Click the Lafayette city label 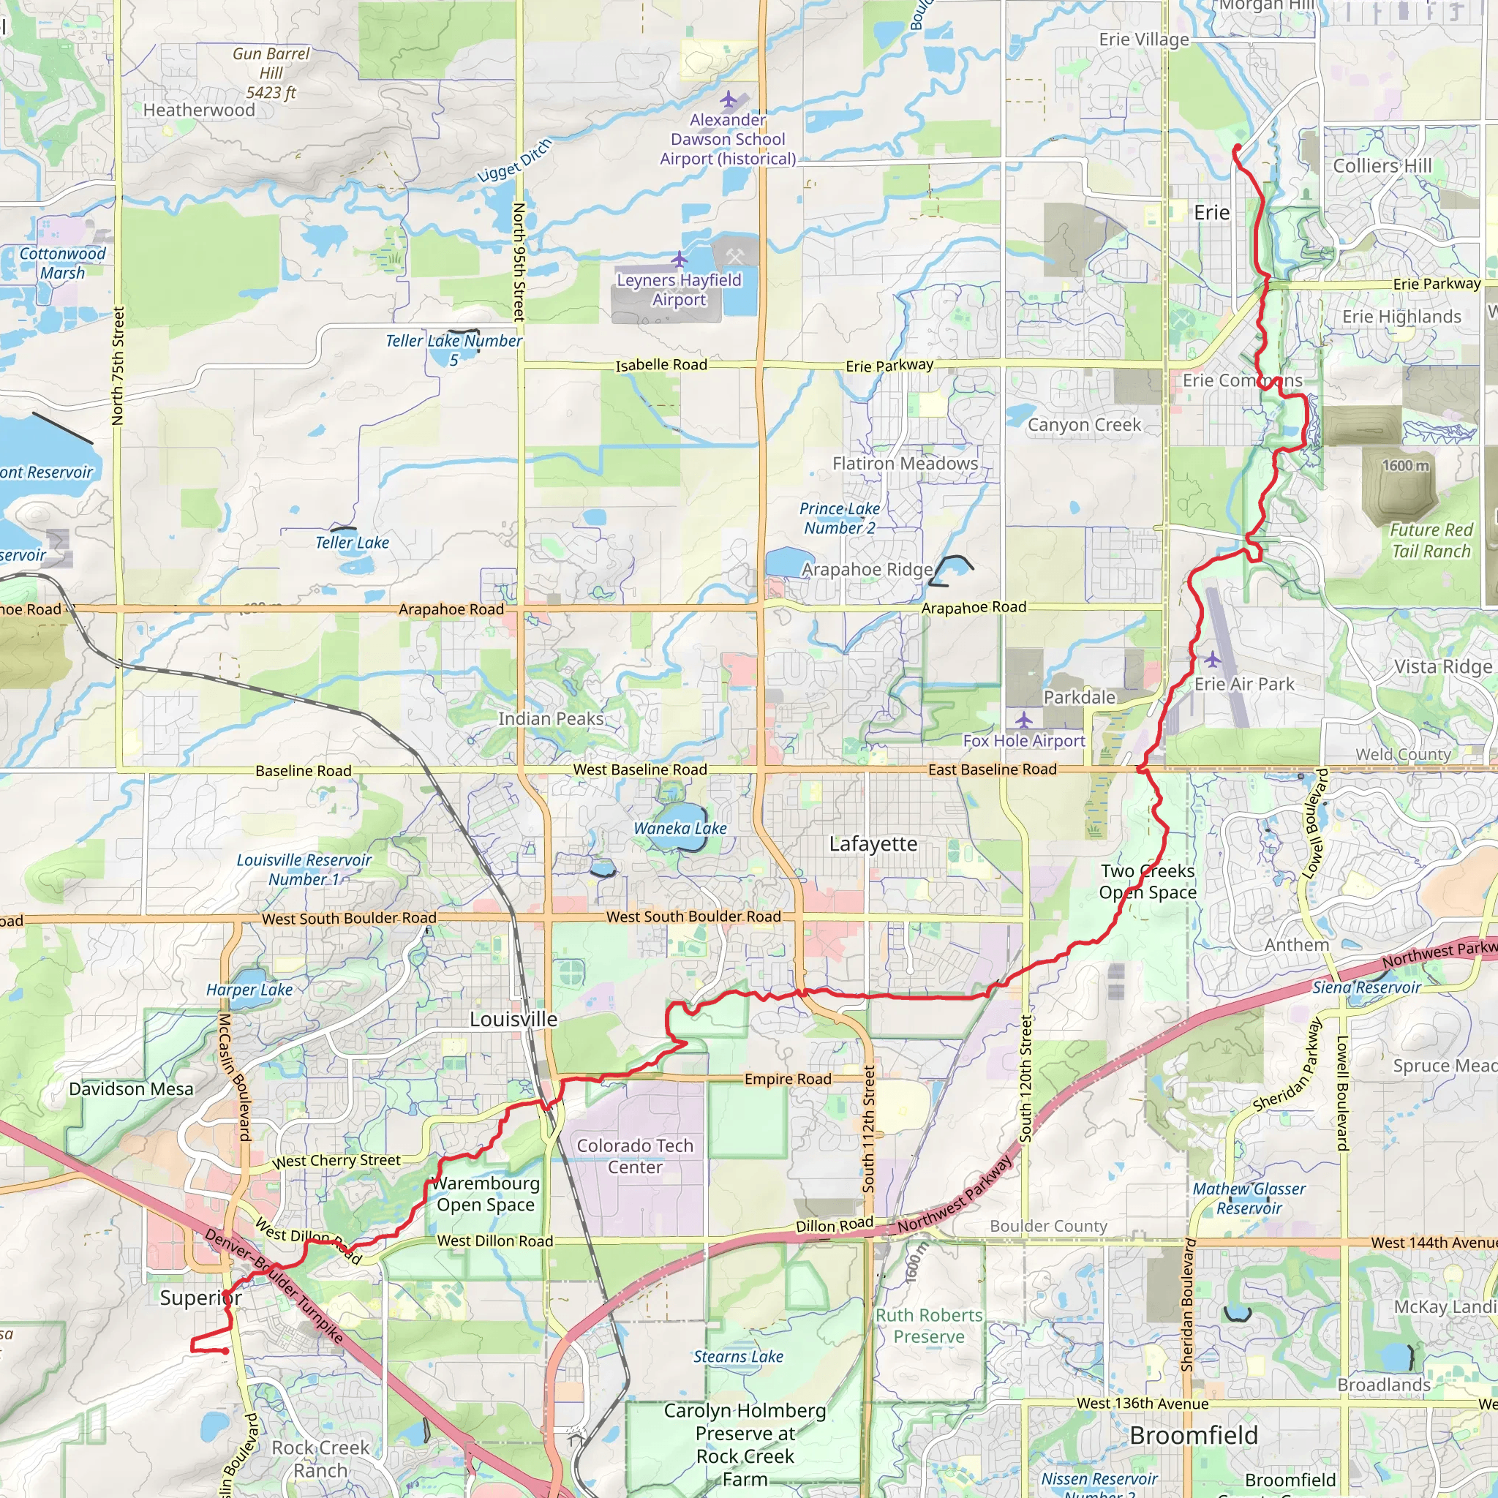coord(873,843)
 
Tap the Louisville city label coord(513,1019)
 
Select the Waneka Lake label coord(680,828)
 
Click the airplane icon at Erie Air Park coord(1213,660)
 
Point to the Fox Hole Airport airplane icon coord(1023,720)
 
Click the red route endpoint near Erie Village coord(1238,147)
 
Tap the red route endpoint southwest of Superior coord(225,1351)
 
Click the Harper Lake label coord(249,990)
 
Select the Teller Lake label coord(352,543)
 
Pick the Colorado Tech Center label coord(635,1156)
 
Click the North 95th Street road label coord(519,262)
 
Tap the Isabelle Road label coord(661,364)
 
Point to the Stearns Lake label coord(738,1356)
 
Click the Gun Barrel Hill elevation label coord(271,73)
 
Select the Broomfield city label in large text coord(1193,1435)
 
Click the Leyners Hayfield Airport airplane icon coord(680,258)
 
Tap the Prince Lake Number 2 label coord(840,518)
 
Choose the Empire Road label coord(788,1080)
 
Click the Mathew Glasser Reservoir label coord(1249,1198)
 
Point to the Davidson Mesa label coord(131,1088)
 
